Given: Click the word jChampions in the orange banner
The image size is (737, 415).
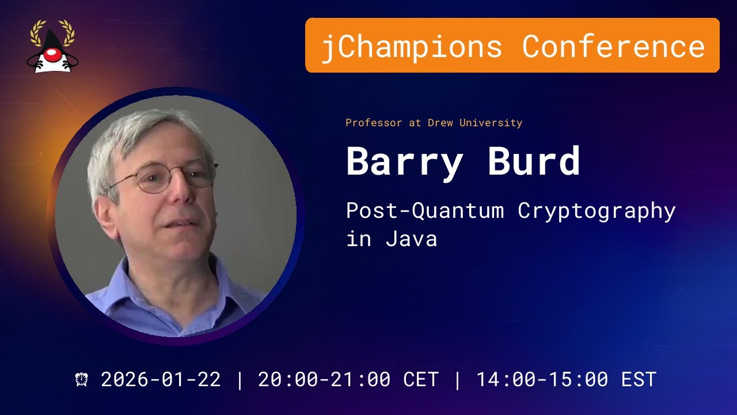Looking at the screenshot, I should click(411, 46).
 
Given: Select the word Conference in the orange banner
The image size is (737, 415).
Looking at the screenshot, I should click(613, 46).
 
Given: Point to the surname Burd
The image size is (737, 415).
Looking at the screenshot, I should click(534, 162).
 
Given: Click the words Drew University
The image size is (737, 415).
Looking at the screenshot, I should click(475, 123).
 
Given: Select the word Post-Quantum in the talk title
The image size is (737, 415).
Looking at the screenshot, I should click(425, 211).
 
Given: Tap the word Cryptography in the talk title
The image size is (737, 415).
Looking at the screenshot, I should click(597, 211).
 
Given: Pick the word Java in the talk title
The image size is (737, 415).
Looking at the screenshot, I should click(411, 239).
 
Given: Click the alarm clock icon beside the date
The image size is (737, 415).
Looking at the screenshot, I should click(82, 379).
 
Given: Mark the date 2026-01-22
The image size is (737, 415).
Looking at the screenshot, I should click(161, 379).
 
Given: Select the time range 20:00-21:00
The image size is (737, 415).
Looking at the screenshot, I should click(324, 379).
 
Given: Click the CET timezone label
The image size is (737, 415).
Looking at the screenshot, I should click(420, 379).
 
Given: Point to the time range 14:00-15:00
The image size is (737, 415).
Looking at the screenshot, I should click(542, 379).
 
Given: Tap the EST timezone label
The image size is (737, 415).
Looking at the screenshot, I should click(639, 379).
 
